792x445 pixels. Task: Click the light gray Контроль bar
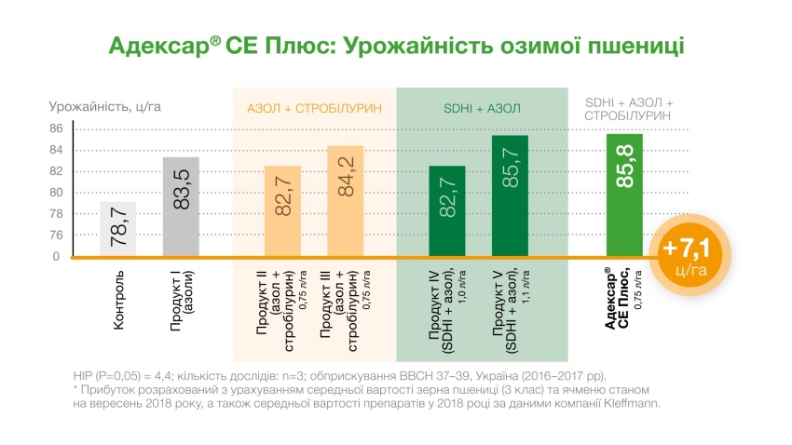pos(118,228)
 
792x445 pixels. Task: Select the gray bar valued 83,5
pos(181,207)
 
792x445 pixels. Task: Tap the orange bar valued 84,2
pos(345,200)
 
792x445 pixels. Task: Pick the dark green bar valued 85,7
pos(510,196)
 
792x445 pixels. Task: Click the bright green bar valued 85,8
pos(624,196)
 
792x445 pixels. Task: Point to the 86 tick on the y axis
pos(57,128)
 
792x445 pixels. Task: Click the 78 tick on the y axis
pos(57,213)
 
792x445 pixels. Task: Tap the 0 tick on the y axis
pos(57,256)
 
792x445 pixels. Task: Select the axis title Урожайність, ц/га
pos(105,106)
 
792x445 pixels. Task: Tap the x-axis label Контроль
pos(118,301)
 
